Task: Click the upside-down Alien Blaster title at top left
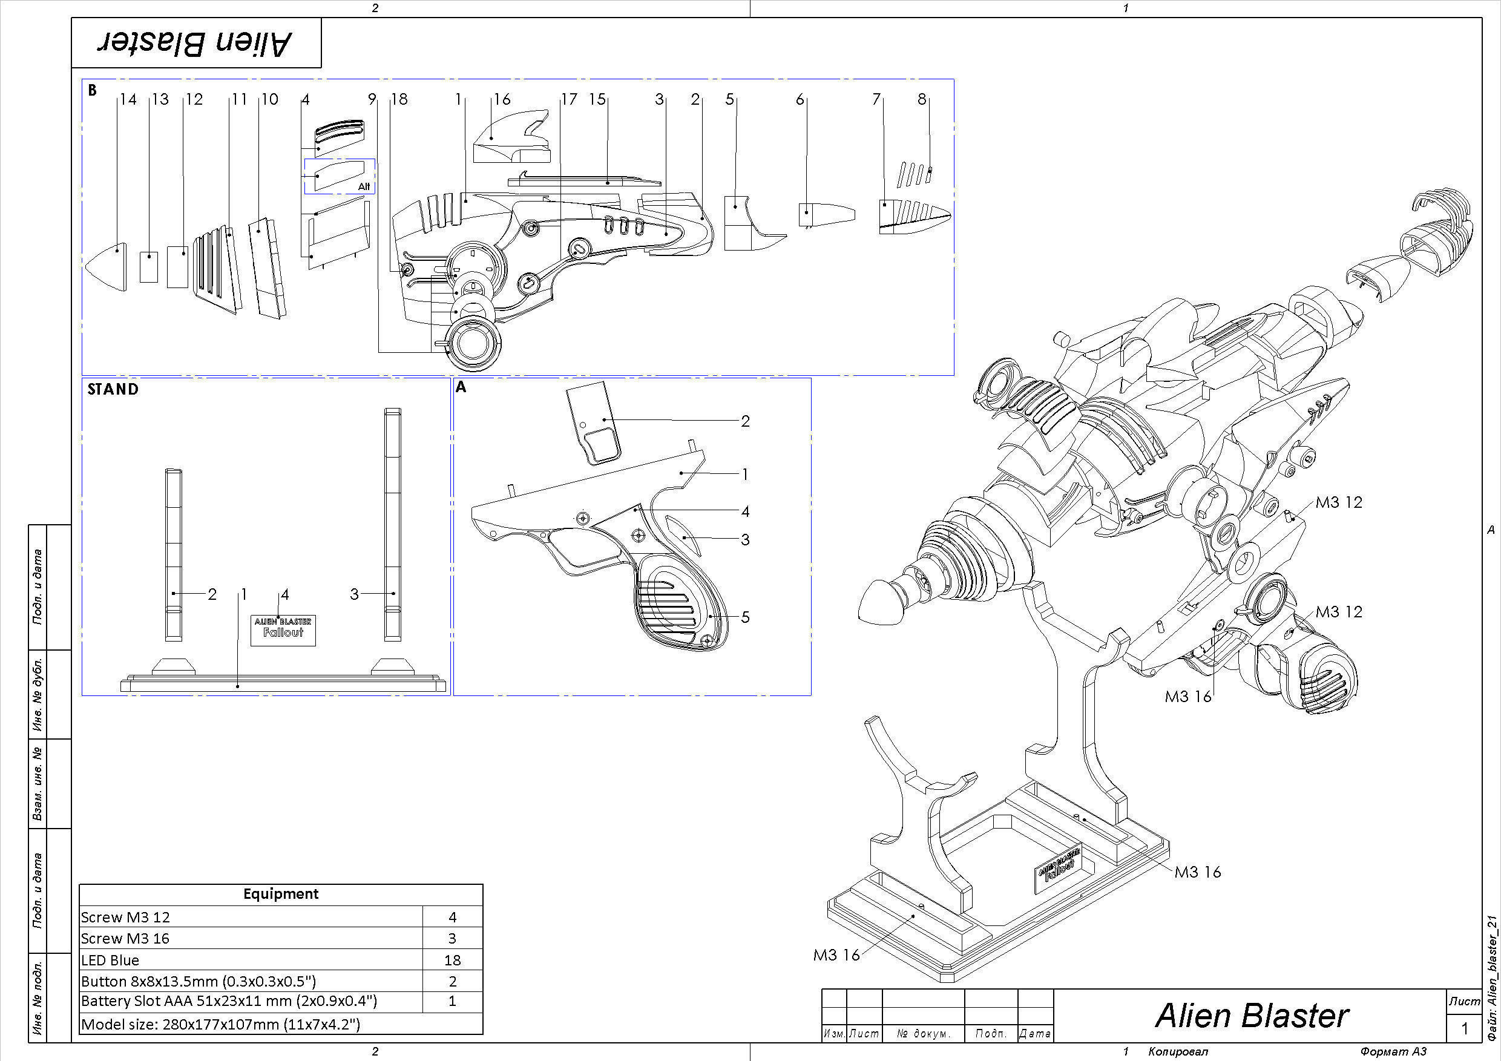[x=195, y=43]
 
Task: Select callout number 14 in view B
[x=128, y=99]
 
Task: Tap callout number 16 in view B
[x=502, y=99]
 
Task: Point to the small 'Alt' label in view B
[x=364, y=187]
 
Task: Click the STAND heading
[x=113, y=390]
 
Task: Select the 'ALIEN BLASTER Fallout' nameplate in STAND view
[x=283, y=629]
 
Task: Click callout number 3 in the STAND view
[x=354, y=594]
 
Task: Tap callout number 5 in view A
[x=744, y=617]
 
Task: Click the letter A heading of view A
[x=461, y=387]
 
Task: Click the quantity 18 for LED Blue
[x=452, y=961]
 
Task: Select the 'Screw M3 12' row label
[x=125, y=918]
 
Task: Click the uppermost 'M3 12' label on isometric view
[x=1338, y=503]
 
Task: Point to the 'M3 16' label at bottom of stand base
[x=836, y=955]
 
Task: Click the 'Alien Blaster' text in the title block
[x=1251, y=1016]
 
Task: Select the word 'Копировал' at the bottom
[x=1178, y=1052]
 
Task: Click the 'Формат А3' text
[x=1393, y=1052]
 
